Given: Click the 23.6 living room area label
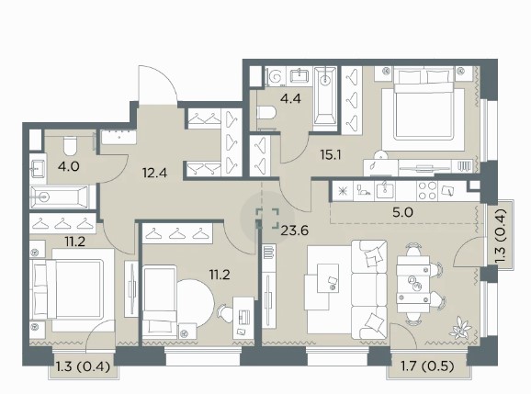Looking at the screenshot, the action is coord(294,231).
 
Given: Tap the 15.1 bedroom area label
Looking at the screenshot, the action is coord(331,155).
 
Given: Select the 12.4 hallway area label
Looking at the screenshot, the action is coord(154,174).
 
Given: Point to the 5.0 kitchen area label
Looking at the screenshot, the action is coord(402,212).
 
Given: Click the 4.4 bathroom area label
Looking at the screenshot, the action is coord(291,99).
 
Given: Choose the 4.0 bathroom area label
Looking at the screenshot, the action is coord(68,166).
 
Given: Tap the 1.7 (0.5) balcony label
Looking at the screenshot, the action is coord(427,366).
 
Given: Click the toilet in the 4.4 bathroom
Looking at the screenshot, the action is coord(266,113).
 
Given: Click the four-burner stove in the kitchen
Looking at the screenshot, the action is coord(427,190).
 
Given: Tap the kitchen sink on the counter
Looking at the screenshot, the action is coord(385,190).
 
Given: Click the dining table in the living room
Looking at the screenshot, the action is coord(413,285).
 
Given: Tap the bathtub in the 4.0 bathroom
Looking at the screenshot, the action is coord(60,196).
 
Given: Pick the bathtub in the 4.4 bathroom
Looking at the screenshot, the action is coord(325,96).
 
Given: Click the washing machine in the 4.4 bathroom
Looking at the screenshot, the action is coord(276,76).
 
